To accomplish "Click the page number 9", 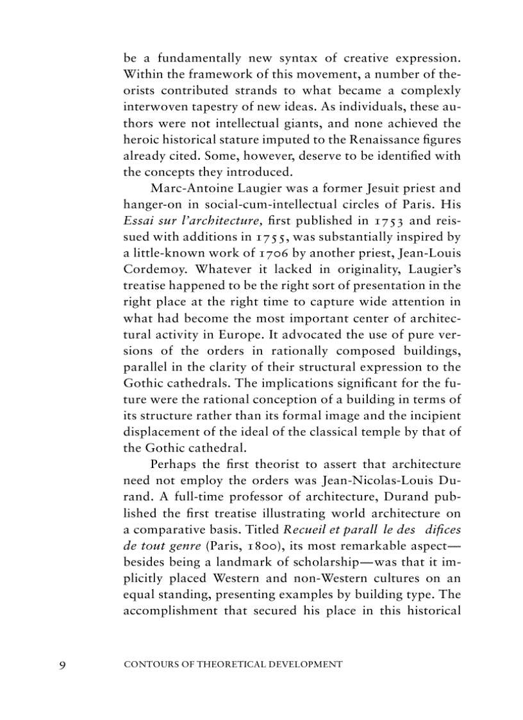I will click(x=62, y=665).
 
